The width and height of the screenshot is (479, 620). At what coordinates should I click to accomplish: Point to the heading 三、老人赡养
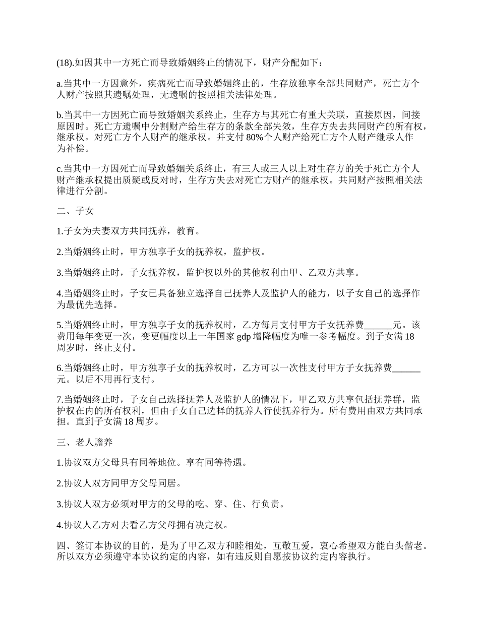(84, 442)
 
